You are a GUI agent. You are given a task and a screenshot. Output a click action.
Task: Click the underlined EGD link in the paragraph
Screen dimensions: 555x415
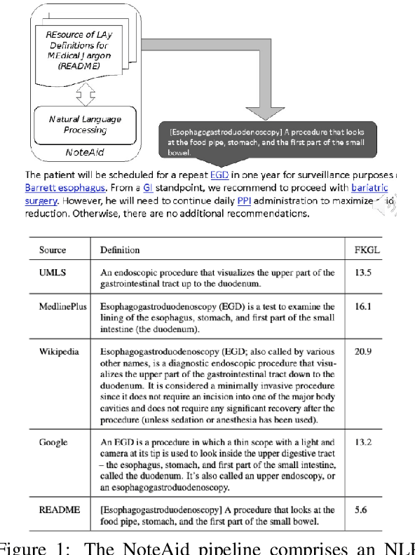[x=220, y=175]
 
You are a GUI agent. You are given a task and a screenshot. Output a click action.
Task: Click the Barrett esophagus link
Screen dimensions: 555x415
[x=60, y=189]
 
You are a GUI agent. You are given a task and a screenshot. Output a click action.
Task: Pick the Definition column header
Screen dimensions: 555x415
[x=120, y=249]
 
